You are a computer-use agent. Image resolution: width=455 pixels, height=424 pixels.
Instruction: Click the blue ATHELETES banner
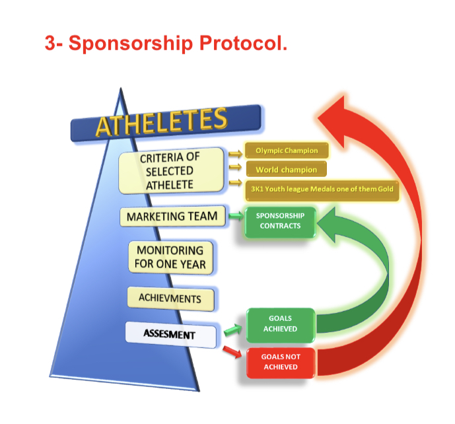point(165,122)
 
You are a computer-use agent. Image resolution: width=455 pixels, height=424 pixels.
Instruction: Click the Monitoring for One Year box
point(171,258)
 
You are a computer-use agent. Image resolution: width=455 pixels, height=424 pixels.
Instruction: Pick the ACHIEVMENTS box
point(170,299)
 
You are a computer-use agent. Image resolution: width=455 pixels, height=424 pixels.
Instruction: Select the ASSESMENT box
point(170,334)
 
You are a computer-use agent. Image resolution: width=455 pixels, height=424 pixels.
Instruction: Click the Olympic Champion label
point(286,151)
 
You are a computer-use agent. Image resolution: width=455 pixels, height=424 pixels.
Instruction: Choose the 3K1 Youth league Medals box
point(320,190)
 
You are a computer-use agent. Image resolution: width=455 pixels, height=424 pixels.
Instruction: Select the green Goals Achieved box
point(280,324)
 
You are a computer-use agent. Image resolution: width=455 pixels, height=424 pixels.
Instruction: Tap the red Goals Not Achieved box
point(280,362)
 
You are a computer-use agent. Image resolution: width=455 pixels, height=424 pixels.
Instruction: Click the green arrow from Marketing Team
point(236,216)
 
